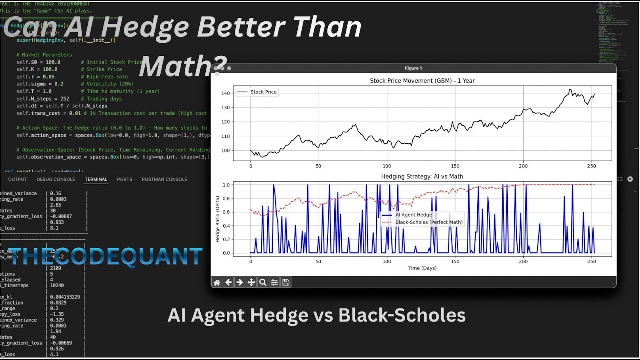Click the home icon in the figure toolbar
[217, 282]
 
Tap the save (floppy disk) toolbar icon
[286, 282]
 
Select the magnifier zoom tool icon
[263, 282]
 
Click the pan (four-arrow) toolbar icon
[251, 282]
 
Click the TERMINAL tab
[96, 179]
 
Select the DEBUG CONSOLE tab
[56, 179]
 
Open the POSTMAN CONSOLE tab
[164, 179]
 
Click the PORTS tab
[125, 179]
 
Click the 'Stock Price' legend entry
[263, 92]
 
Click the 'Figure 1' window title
[413, 68]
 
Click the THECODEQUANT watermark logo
[106, 256]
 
